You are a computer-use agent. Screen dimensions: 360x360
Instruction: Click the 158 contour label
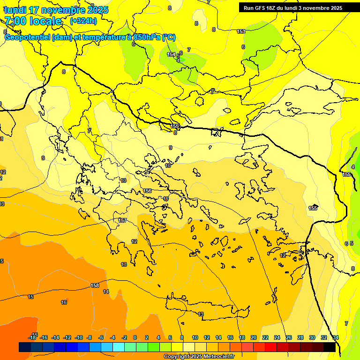pos(95,285)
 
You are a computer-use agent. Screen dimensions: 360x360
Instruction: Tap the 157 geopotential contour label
pos(122,220)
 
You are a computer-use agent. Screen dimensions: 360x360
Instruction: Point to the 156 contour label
pos(147,191)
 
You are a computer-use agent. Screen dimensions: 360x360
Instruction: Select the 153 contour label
pos(241,31)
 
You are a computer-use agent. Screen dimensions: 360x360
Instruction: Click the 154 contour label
pos(172,54)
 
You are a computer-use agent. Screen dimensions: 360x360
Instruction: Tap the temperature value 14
pos(106,292)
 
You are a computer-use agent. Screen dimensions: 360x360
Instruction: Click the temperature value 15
pos(30,297)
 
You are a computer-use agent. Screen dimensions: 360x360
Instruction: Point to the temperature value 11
pos(165,199)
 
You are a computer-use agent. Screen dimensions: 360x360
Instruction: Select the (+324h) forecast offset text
pos(83,21)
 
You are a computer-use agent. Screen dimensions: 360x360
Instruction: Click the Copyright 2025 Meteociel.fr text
pos(198,356)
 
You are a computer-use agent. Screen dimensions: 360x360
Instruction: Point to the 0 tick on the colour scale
pos(135,337)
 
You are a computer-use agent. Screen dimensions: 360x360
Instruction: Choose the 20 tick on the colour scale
pos(254,337)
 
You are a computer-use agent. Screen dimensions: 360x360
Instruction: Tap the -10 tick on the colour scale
pos(78,337)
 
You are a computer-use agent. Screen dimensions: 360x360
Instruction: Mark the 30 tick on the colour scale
pos(312,337)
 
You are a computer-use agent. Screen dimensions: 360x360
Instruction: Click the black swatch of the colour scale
pos(330,347)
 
